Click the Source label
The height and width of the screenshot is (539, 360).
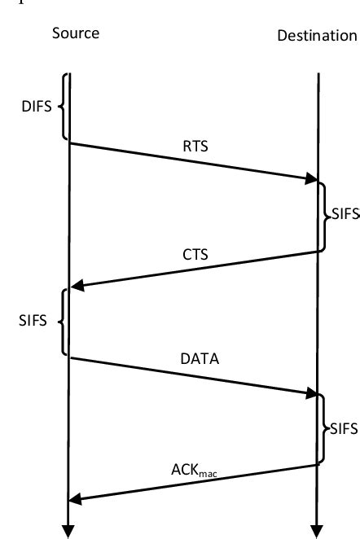75,33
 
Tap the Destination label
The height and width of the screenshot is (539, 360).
317,36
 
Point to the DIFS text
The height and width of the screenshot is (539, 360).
37,107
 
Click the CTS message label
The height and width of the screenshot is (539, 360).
195,254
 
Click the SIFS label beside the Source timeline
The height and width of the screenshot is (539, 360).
33,321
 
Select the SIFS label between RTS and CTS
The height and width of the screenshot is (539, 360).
342,216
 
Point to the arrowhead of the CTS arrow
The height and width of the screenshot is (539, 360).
77,286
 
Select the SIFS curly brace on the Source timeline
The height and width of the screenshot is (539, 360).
62,321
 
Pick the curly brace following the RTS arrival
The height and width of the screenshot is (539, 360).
323,216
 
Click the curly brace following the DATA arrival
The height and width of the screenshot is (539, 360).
323,429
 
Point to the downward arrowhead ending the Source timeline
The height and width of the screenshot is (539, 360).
69,528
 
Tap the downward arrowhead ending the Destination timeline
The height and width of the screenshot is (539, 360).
317,528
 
